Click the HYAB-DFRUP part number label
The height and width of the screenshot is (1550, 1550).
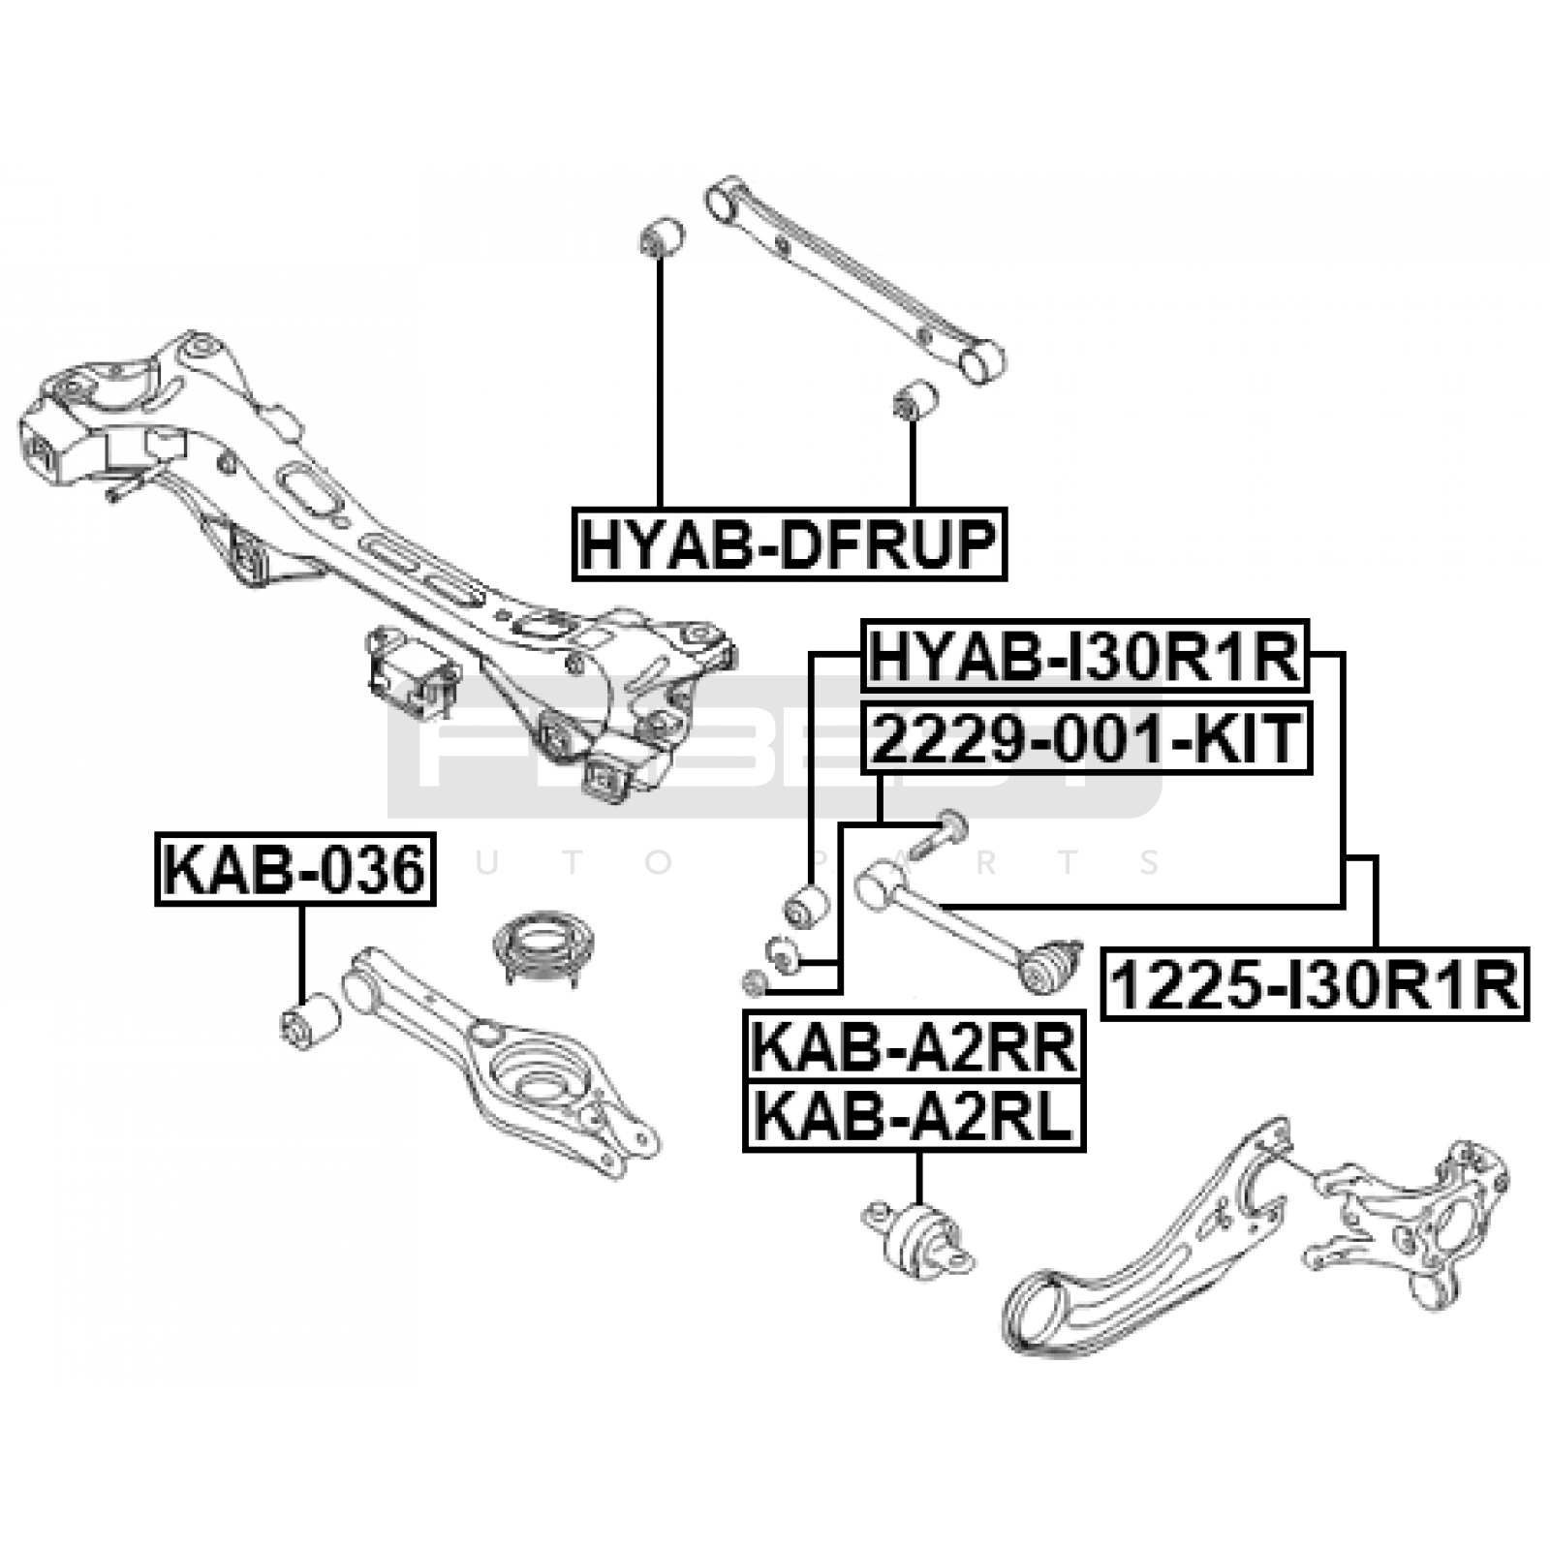(x=789, y=543)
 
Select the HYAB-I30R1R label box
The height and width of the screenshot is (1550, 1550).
(x=1085, y=657)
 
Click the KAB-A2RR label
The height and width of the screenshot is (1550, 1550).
(x=914, y=1047)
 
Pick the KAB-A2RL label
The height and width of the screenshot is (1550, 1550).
(x=914, y=1116)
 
